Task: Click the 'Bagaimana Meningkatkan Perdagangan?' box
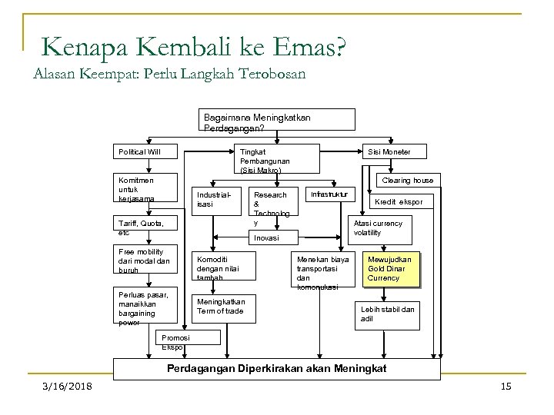click(x=278, y=120)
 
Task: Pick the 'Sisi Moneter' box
click(x=393, y=151)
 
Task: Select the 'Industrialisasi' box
click(x=212, y=200)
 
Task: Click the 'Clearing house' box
click(x=408, y=181)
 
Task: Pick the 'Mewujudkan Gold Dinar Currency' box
click(x=391, y=268)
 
